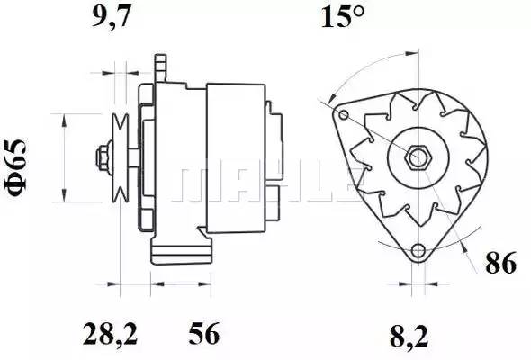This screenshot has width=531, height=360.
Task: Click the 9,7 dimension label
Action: point(111,17)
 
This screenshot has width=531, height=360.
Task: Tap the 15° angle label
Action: point(342,16)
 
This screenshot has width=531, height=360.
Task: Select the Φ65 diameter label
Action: point(15,168)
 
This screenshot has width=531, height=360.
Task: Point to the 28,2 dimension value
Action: point(111,334)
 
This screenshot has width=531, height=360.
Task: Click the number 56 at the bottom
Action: point(204,334)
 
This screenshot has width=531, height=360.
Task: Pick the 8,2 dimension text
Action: point(409,337)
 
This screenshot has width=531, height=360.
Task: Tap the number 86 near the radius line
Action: point(501,263)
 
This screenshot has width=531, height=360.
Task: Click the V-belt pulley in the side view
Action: point(121,157)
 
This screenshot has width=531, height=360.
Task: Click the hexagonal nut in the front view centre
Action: point(418,157)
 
